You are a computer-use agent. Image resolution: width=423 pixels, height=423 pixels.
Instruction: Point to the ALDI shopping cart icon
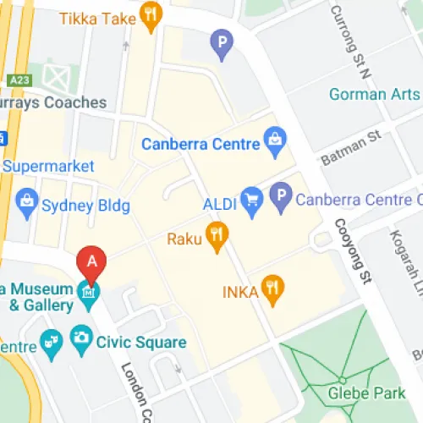[251, 201]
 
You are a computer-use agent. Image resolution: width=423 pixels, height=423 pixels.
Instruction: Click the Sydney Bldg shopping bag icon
[28, 203]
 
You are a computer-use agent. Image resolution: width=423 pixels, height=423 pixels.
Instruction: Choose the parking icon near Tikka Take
[222, 42]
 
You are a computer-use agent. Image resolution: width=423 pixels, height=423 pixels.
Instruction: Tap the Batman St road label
[351, 150]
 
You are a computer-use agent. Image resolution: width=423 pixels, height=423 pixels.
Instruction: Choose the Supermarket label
[47, 166]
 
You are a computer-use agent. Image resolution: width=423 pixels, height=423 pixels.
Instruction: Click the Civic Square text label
[141, 342]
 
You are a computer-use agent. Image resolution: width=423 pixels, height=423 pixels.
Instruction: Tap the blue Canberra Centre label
[200, 144]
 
